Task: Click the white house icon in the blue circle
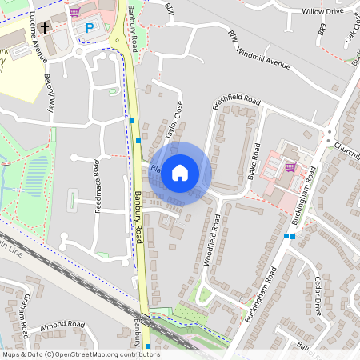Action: [180, 172]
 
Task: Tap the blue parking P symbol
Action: [90, 28]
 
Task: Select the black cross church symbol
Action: [45, 27]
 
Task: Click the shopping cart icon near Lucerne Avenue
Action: [74, 11]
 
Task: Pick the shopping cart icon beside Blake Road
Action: [290, 166]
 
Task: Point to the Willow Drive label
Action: [322, 12]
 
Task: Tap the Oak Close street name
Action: [351, 27]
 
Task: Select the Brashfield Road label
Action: [237, 103]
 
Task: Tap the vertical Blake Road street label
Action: [255, 160]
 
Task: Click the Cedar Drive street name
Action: [318, 296]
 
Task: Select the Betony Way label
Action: [50, 92]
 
